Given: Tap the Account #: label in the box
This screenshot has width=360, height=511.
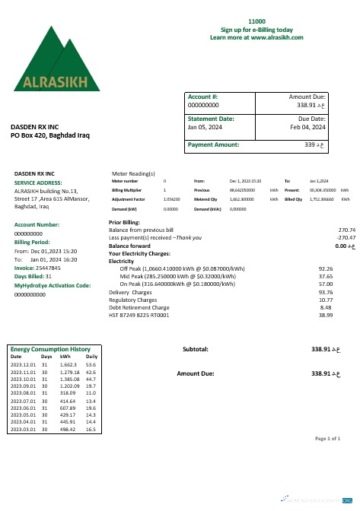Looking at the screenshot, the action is click(203, 97).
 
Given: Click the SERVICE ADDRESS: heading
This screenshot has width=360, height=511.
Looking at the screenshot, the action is click(38, 183).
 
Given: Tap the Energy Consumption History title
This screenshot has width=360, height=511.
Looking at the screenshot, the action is click(56, 348).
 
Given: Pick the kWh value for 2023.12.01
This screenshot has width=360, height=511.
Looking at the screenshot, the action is click(66, 364).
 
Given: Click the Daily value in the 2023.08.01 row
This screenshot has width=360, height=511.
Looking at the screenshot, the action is click(91, 393).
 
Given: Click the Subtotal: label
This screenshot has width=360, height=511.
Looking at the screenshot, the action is click(196, 349).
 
